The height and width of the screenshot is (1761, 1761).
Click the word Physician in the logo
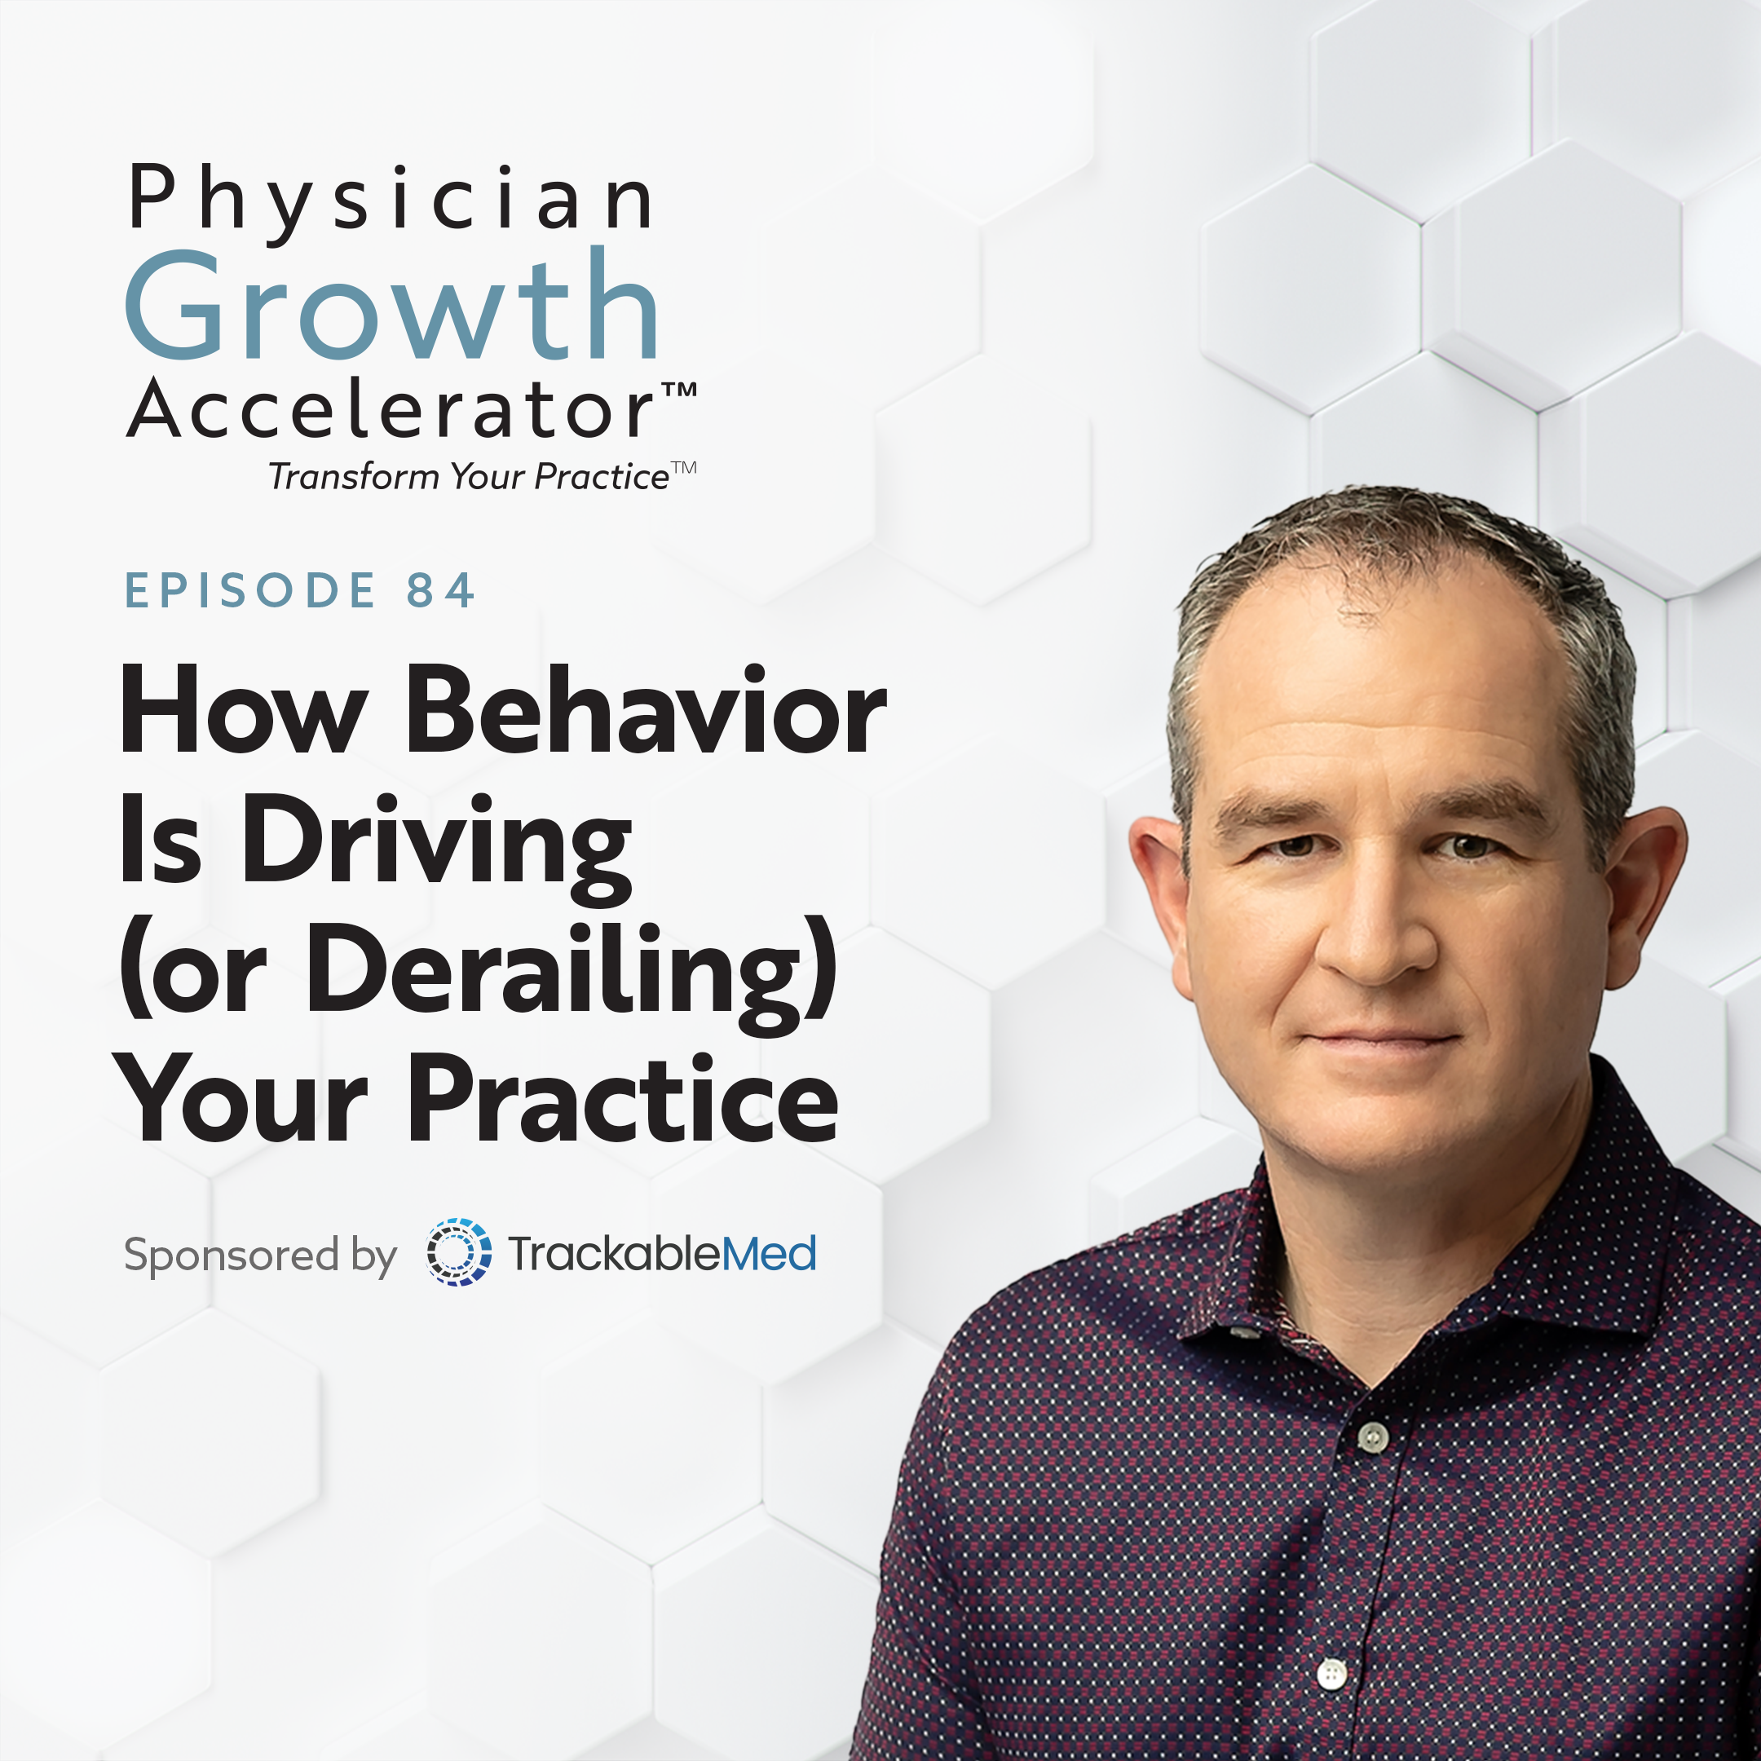pos(391,201)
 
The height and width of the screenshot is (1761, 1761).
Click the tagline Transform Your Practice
pos(469,477)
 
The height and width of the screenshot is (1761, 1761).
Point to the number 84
pos(440,589)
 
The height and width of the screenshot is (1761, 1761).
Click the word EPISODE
pos(249,589)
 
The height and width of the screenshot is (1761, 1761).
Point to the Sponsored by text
pos(260,1256)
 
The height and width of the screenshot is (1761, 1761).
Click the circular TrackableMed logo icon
pos(458,1251)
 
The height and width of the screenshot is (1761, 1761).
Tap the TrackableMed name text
pos(662,1253)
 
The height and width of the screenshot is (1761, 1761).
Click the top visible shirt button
pos(1373,1437)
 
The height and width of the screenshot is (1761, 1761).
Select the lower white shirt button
pos(1333,1673)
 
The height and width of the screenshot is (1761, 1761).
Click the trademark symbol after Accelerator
pos(678,391)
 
